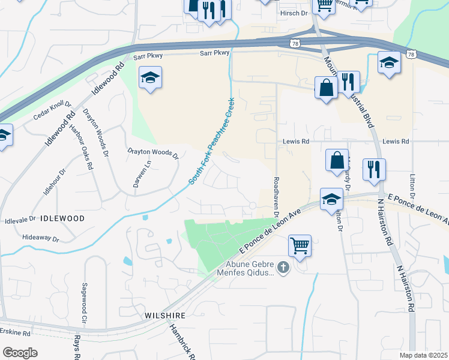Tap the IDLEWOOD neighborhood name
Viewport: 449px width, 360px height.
(62, 218)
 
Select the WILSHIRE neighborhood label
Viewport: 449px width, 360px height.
(165, 315)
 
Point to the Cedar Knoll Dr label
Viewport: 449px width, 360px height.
(52, 110)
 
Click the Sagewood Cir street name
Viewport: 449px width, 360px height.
(85, 299)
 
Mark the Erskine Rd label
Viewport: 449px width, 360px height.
(15, 332)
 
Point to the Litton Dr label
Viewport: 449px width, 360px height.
(412, 187)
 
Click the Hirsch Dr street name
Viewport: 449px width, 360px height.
(294, 13)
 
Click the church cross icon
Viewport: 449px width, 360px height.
(283, 267)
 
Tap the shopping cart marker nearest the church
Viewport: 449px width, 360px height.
(299, 245)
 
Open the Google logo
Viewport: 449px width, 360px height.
(20, 352)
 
